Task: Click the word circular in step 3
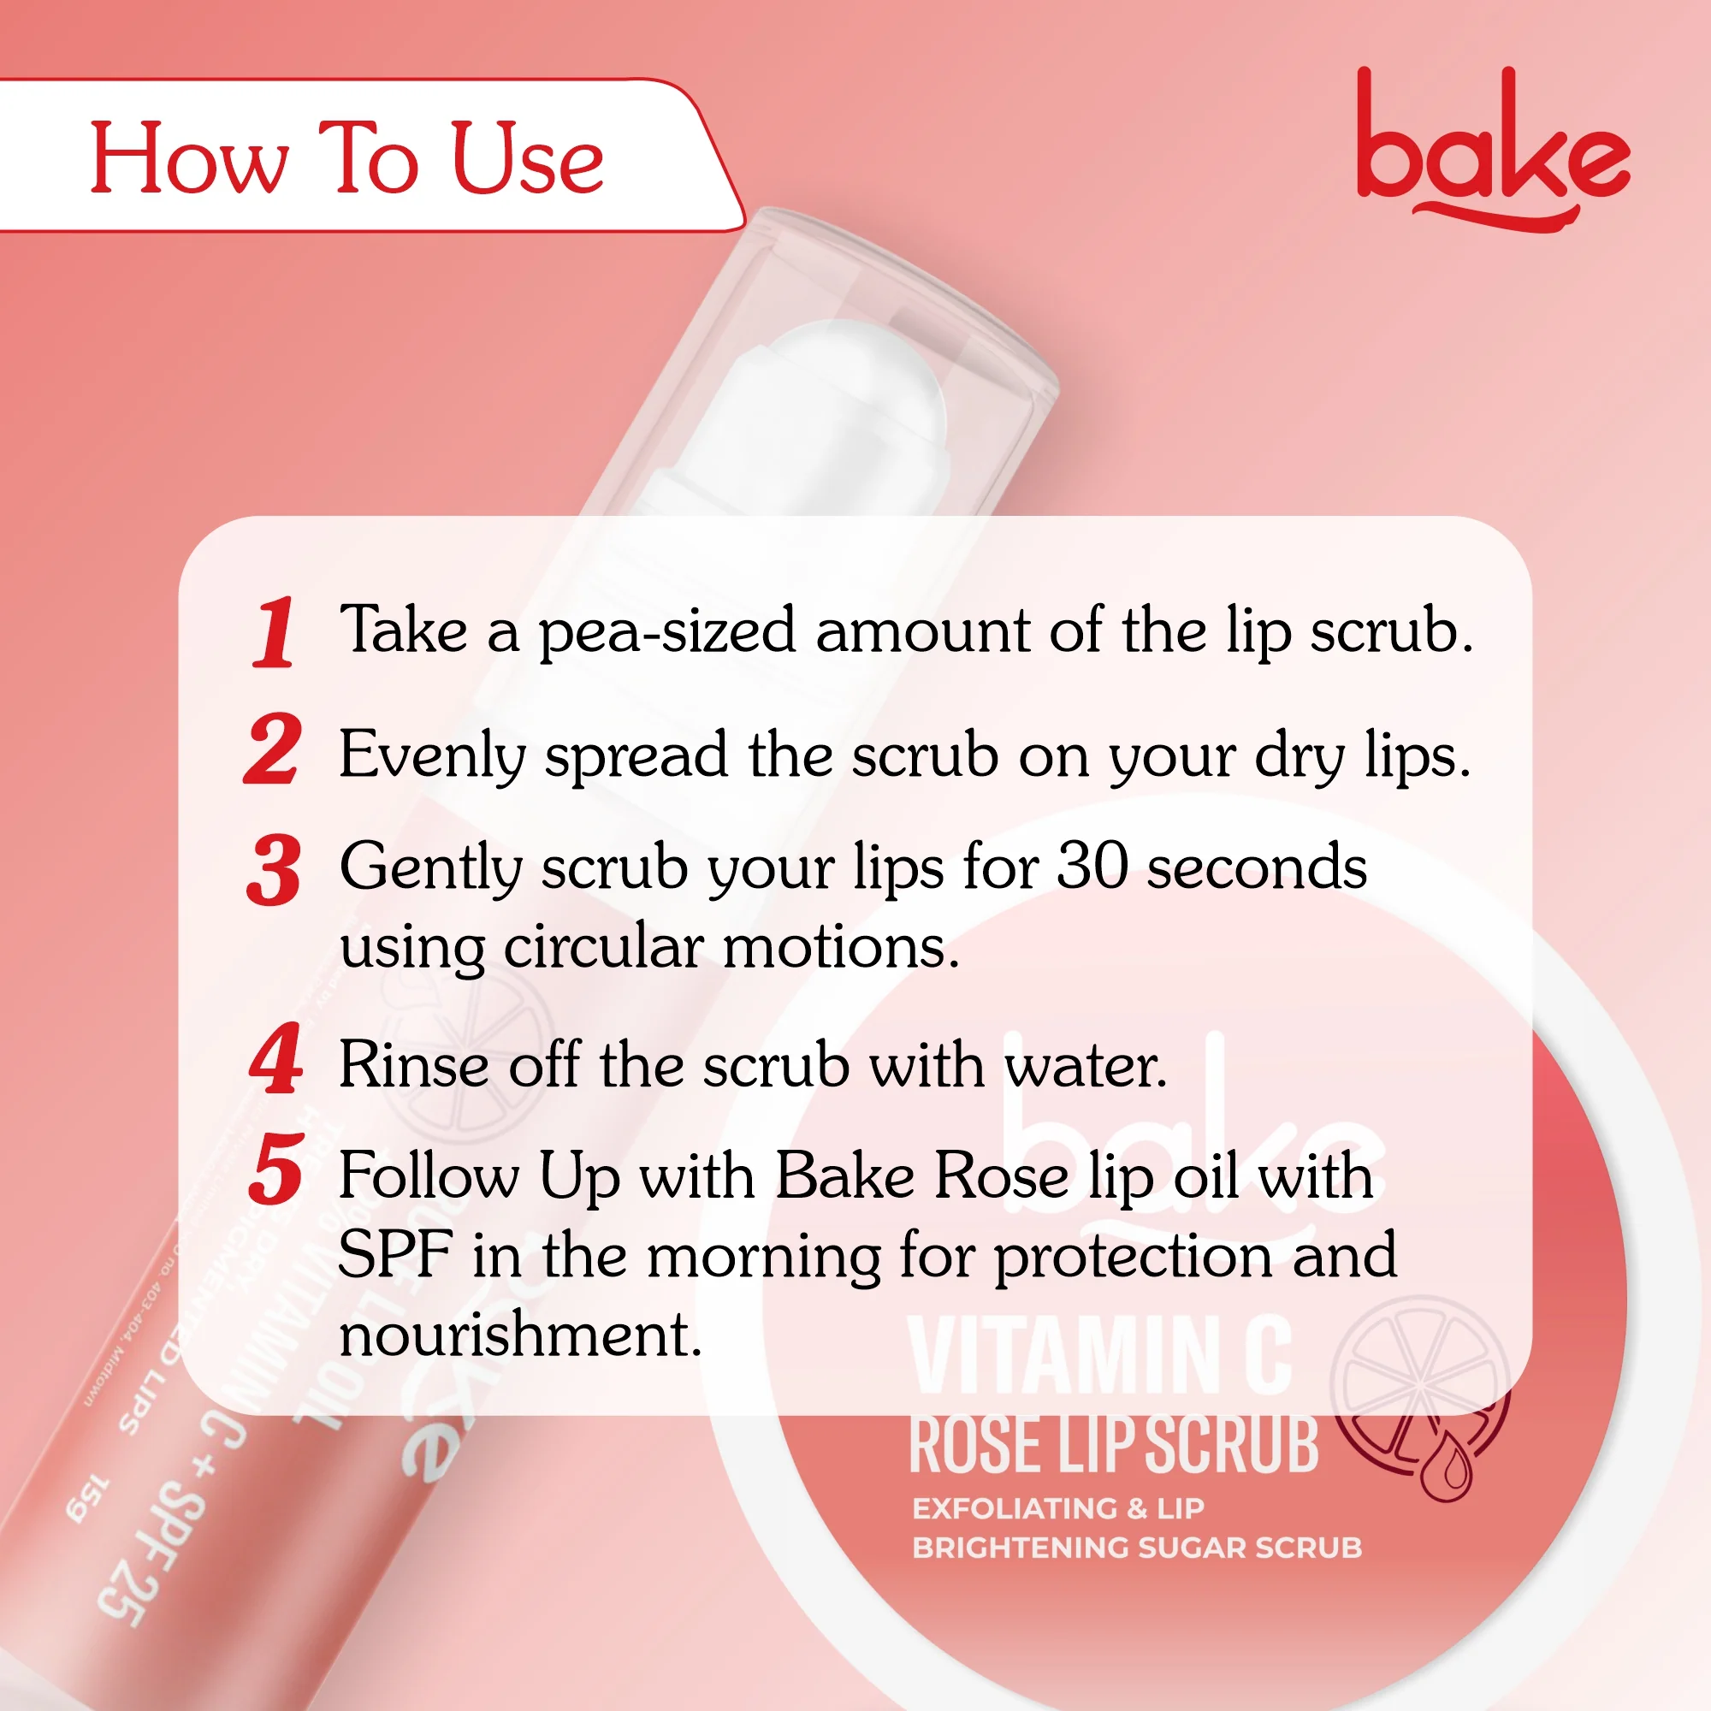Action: tap(603, 948)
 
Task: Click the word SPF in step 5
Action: tap(395, 1255)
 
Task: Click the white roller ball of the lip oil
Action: tap(846, 399)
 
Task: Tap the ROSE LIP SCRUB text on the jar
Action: tap(1113, 1445)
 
